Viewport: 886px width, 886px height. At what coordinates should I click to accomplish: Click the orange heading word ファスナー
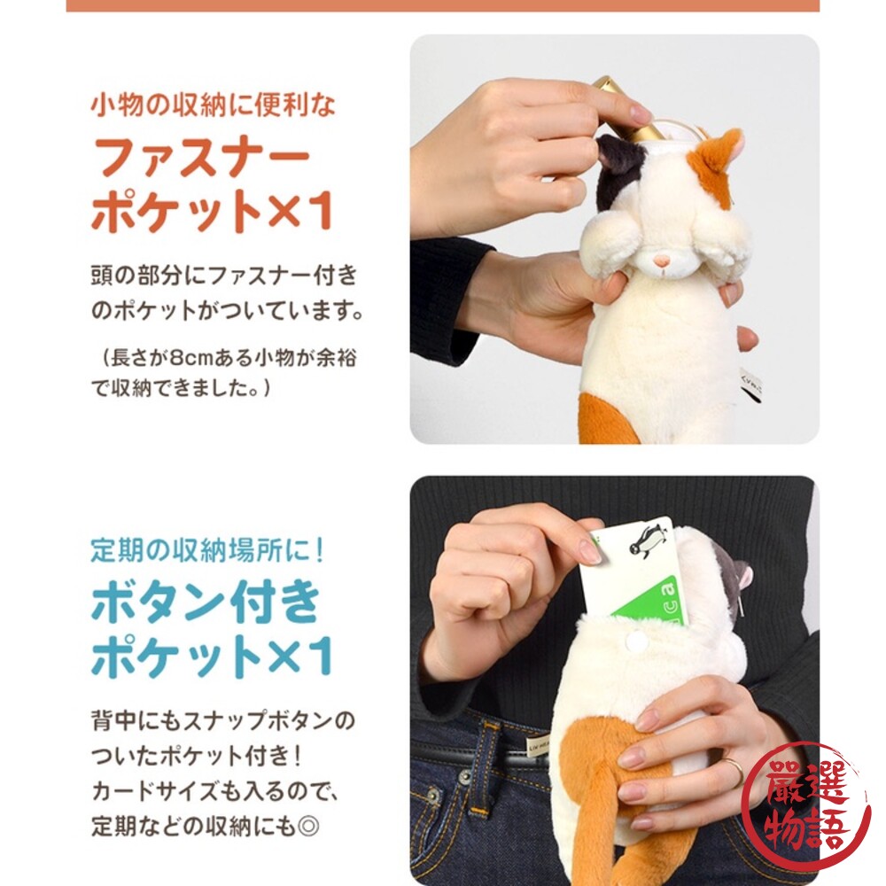(202, 160)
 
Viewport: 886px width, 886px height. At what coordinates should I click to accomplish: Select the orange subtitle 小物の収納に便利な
(214, 105)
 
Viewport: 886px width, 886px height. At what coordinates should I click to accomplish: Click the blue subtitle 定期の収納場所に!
(209, 550)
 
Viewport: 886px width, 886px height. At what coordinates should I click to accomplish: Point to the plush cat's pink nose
(660, 260)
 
